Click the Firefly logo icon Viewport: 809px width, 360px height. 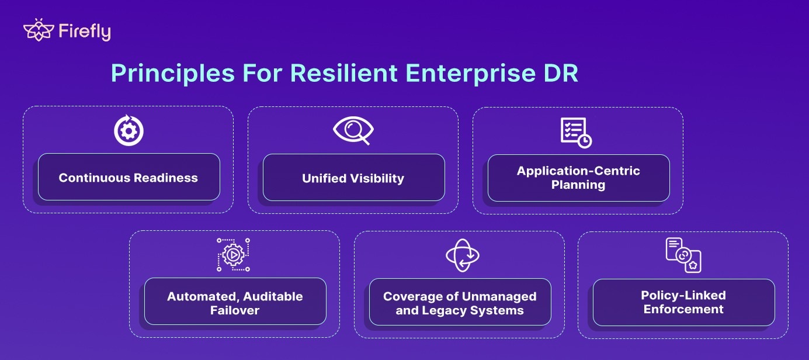click(x=38, y=30)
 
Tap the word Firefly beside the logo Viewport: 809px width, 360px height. click(x=84, y=32)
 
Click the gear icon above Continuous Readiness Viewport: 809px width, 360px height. click(x=128, y=131)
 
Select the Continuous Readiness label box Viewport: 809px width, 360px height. click(x=129, y=177)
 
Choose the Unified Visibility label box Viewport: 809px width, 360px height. click(x=353, y=178)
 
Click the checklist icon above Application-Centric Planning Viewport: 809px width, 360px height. click(x=575, y=132)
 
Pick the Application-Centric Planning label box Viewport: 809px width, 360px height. click(x=578, y=178)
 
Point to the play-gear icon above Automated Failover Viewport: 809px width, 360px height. click(x=234, y=255)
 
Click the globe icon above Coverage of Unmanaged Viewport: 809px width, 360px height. click(x=462, y=255)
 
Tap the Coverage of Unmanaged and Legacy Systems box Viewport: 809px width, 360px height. click(x=460, y=302)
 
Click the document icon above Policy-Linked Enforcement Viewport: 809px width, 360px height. click(x=683, y=255)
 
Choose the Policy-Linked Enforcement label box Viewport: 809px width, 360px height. click(x=683, y=302)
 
